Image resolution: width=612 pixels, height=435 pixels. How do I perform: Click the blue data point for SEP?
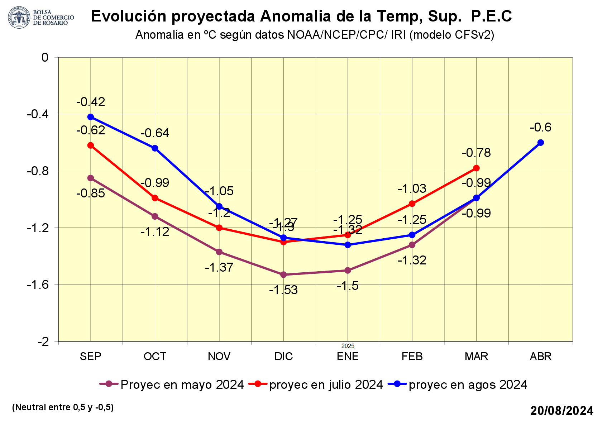91,117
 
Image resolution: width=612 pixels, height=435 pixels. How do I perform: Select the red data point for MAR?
476,168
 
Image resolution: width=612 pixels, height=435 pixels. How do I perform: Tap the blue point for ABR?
541,143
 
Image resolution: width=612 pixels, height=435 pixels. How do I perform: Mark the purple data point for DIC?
283,275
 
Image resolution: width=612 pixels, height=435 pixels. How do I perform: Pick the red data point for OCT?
155,198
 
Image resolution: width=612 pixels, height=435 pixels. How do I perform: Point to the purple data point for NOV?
219,252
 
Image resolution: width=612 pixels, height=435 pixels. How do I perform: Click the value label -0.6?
541,128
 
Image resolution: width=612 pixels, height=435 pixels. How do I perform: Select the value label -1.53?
283,290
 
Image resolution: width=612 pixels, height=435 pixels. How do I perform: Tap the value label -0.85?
91,193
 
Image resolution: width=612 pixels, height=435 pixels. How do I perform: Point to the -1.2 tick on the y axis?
38,228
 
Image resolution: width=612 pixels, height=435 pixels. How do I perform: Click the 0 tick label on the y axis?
45,57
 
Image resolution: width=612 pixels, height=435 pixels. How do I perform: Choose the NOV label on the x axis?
219,357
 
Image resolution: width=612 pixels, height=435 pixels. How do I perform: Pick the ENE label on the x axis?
348,357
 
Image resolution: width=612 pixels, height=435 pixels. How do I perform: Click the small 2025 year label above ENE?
348,346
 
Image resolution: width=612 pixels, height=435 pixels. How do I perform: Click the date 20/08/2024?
562,411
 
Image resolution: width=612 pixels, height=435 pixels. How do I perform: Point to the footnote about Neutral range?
63,407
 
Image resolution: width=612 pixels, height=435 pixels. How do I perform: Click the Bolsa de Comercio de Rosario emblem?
19,17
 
